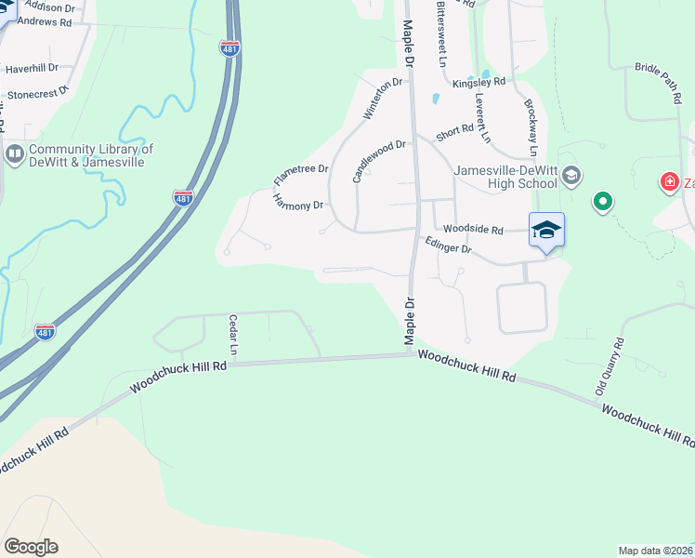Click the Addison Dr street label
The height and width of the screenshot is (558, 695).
(51, 6)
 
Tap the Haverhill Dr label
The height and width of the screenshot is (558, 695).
(32, 68)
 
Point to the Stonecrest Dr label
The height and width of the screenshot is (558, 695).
(38, 93)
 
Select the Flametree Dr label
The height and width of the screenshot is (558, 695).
(301, 174)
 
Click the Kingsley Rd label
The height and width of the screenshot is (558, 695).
(479, 82)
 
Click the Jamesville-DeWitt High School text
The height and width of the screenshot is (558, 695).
(505, 176)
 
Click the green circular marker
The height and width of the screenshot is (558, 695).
(603, 201)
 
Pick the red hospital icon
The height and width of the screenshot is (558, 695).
(668, 181)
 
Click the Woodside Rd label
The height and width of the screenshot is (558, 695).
(473, 229)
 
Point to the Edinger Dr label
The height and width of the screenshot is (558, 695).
(448, 246)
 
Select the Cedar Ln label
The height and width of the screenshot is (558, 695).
(233, 336)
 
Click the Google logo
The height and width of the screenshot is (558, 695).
(31, 547)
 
